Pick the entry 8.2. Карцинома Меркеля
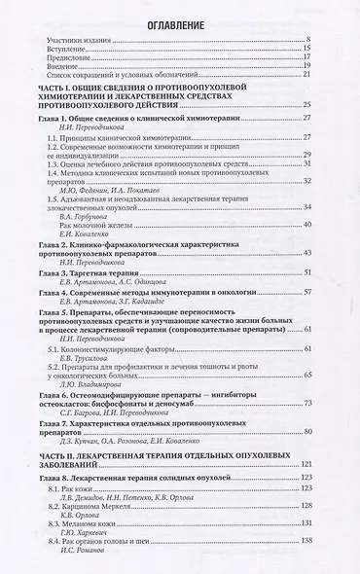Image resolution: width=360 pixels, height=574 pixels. click(102, 506)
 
